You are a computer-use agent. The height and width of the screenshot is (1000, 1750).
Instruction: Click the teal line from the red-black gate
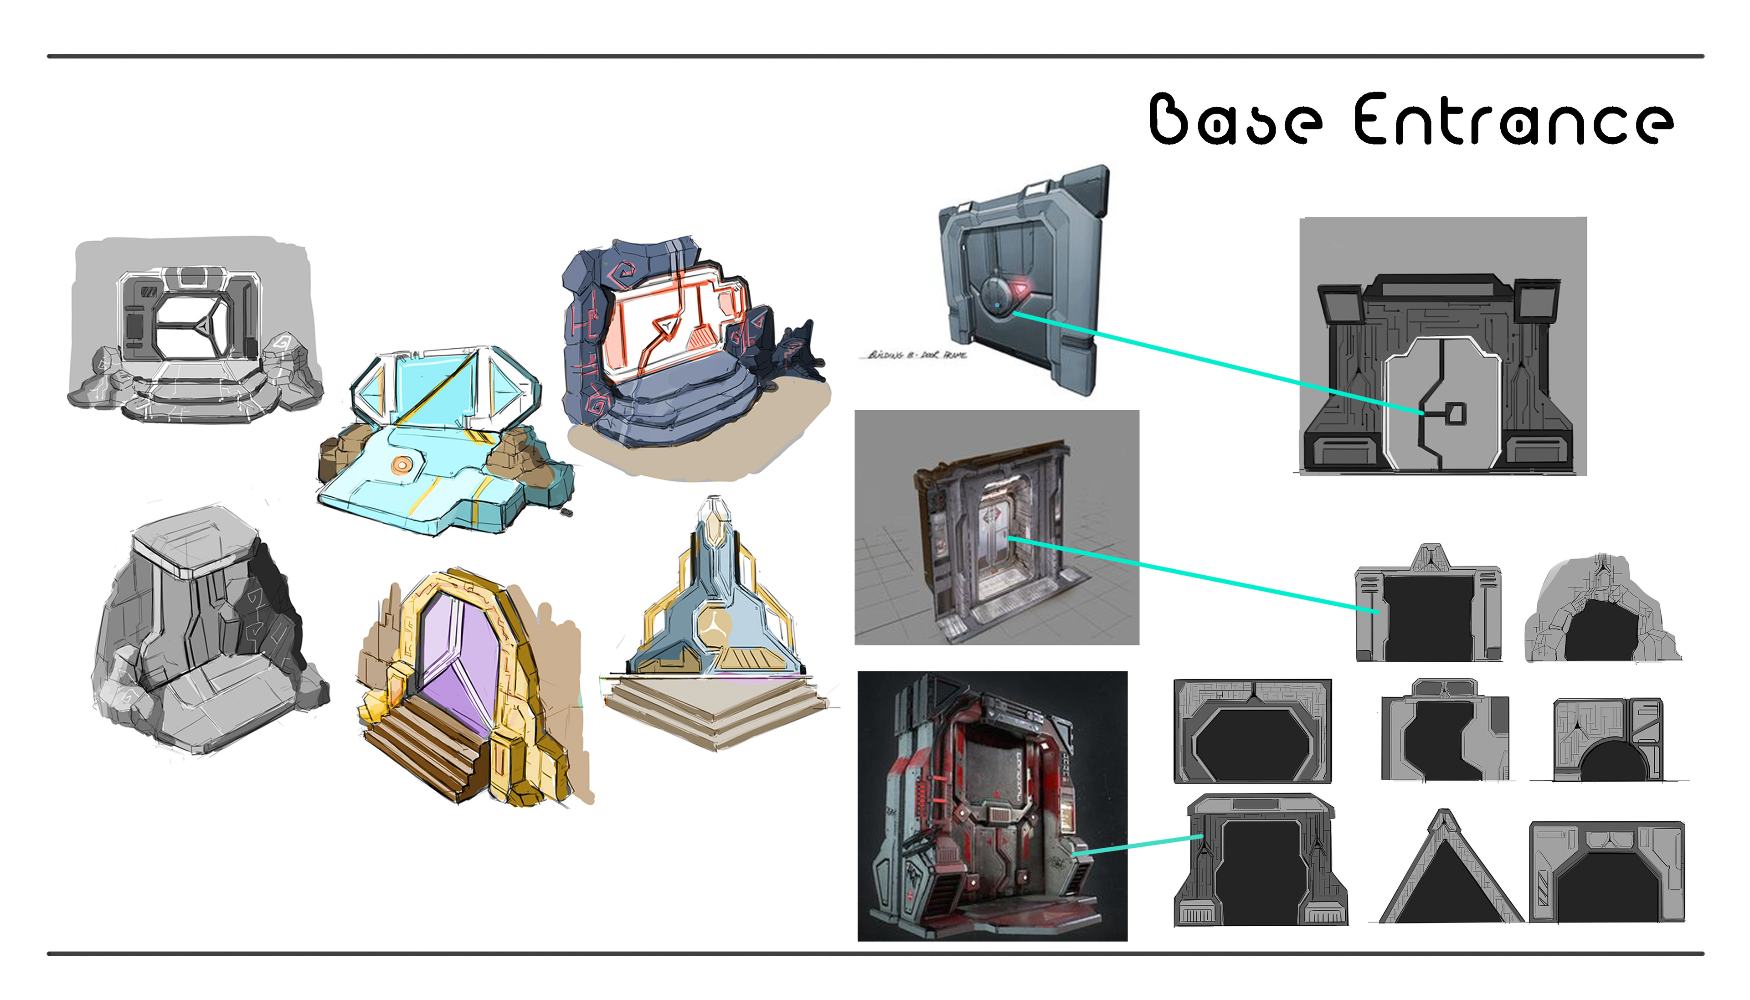pos(1140,846)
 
